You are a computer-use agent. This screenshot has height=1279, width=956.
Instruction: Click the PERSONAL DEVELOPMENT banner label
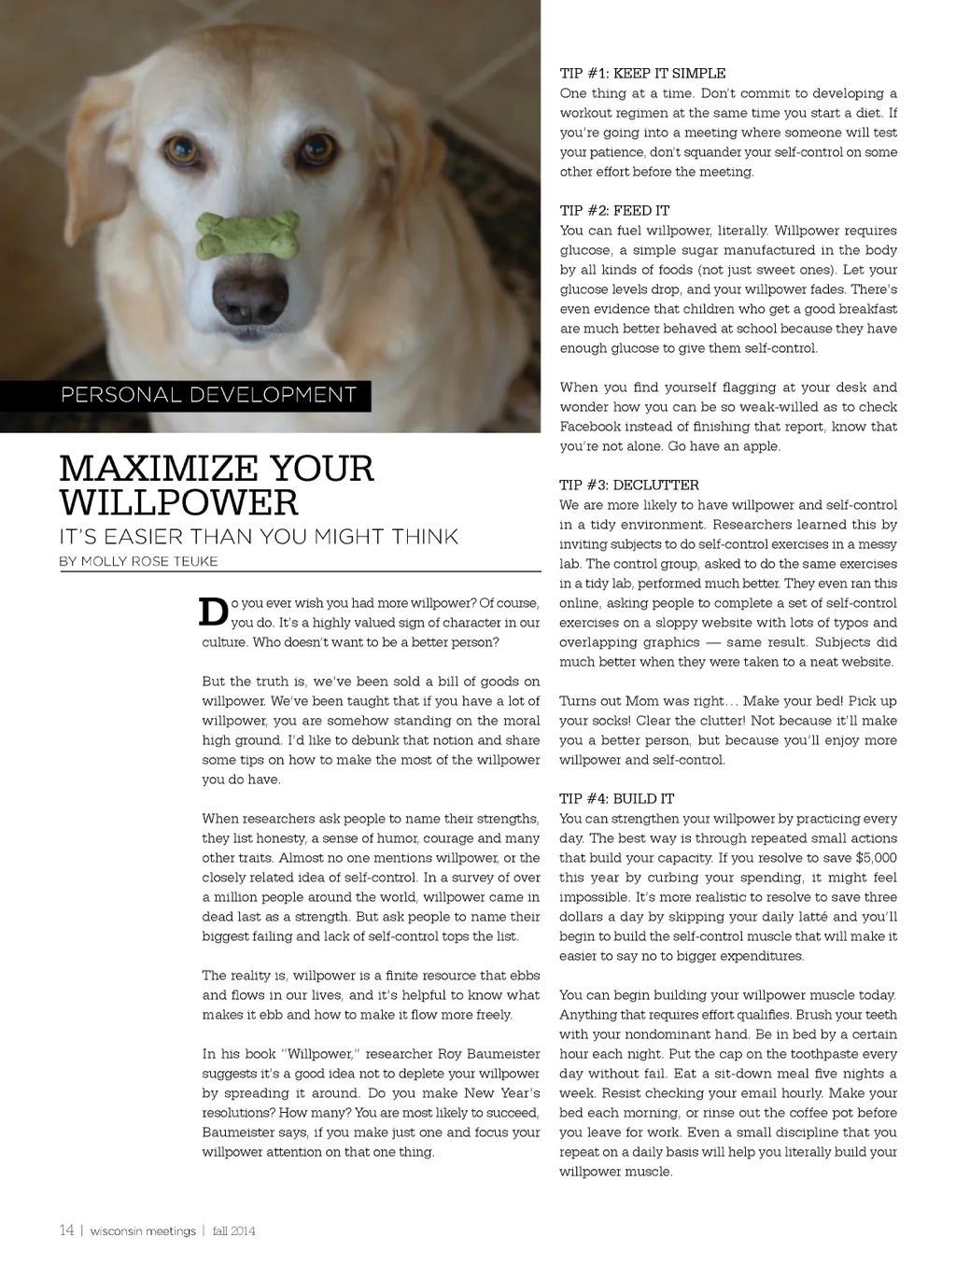(208, 395)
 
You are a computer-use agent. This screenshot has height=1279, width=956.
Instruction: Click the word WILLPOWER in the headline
(178, 503)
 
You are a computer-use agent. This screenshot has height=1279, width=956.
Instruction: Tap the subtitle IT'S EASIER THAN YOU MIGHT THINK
(259, 537)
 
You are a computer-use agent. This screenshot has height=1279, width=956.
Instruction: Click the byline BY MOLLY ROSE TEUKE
(138, 562)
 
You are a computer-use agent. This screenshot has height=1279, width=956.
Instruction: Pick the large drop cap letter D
(214, 611)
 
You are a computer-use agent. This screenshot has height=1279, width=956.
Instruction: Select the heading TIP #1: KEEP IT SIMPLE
(642, 74)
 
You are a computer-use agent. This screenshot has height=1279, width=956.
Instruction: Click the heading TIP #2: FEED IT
(614, 211)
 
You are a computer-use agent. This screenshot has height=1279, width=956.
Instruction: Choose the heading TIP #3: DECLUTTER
(629, 485)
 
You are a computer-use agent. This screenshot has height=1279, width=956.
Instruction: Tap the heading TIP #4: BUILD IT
(616, 799)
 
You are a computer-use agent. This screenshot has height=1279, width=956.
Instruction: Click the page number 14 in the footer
(66, 1230)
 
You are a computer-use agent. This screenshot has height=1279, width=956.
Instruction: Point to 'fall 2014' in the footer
(233, 1231)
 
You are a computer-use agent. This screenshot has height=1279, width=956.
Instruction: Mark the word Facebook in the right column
(590, 427)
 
